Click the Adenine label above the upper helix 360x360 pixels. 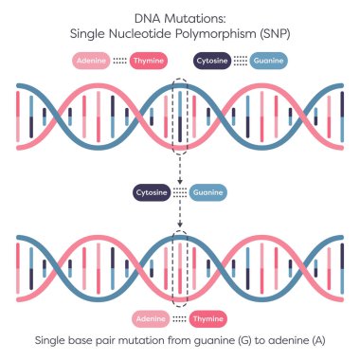tap(92, 61)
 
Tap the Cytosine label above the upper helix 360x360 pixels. tap(213, 61)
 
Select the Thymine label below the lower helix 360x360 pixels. tap(207, 318)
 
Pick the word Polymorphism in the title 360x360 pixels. tap(199, 32)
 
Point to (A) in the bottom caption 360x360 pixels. tap(321, 341)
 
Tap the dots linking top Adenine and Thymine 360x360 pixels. tap(120, 61)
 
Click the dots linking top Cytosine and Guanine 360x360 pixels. tap(241, 61)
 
